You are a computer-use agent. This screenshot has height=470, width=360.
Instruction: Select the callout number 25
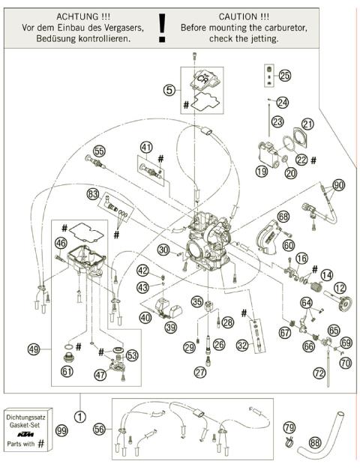(x=284, y=76)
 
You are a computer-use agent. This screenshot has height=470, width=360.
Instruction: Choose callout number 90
(x=338, y=184)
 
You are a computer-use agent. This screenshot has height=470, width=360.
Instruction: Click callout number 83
(x=92, y=193)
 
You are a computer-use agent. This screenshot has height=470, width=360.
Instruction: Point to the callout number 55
(x=99, y=151)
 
